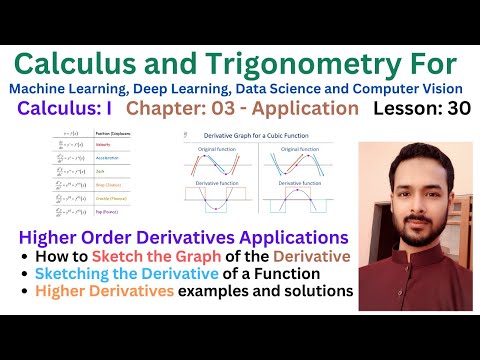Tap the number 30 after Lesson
click(x=454, y=107)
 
